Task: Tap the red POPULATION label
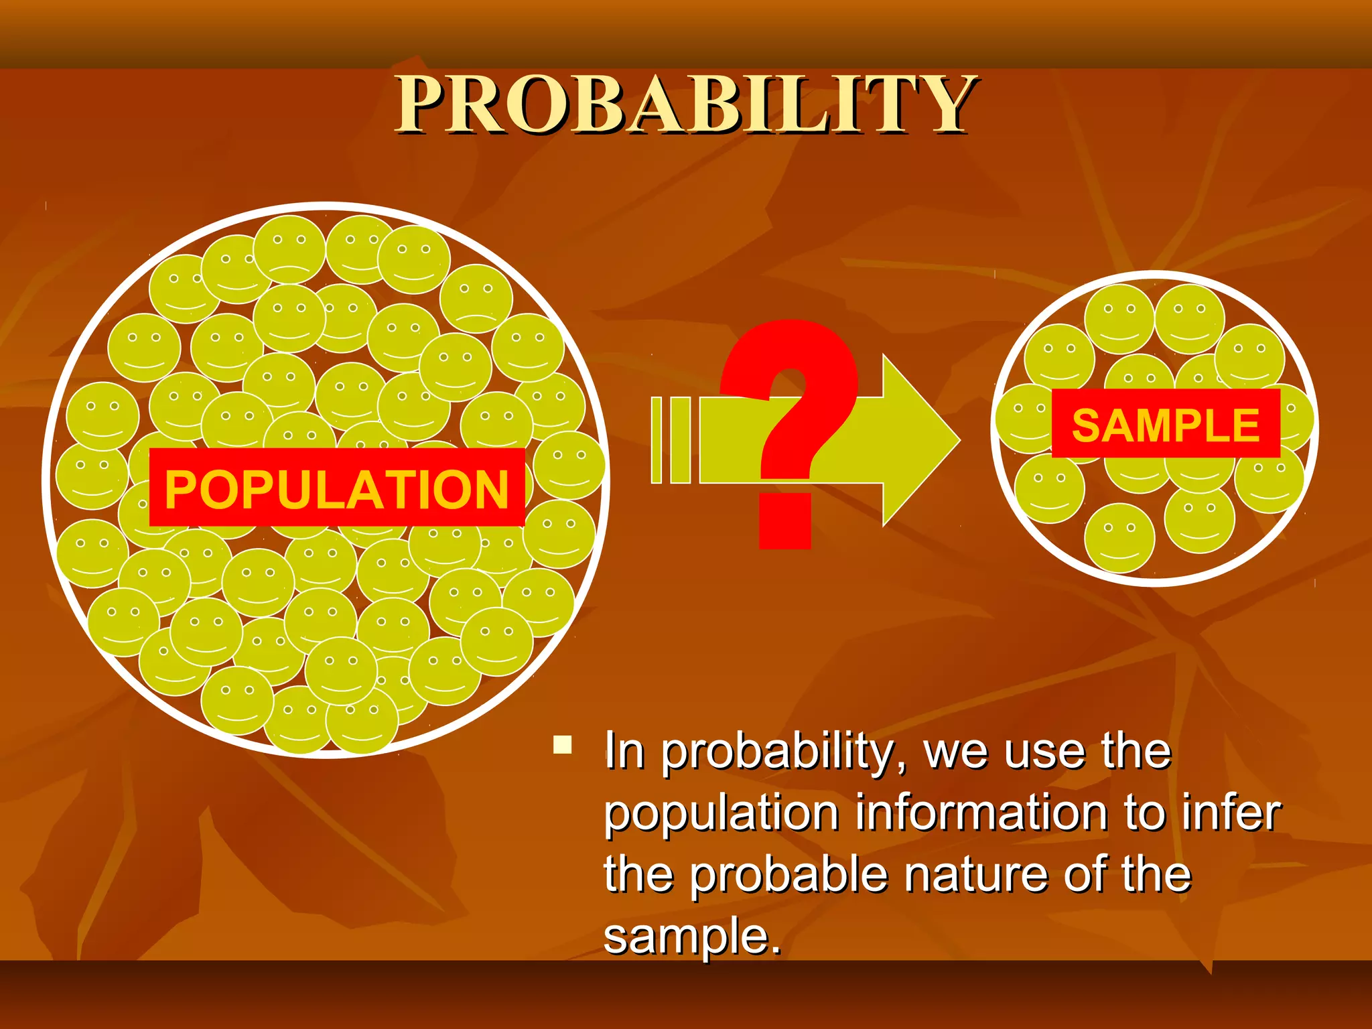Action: tap(336, 488)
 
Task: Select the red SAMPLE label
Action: tap(1166, 424)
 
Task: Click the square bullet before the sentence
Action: tap(563, 745)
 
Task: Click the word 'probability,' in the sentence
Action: tap(781, 752)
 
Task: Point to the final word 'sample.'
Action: tap(692, 936)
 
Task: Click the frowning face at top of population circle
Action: tap(289, 249)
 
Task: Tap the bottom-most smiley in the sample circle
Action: tap(1119, 538)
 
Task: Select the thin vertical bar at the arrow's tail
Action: tap(657, 440)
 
